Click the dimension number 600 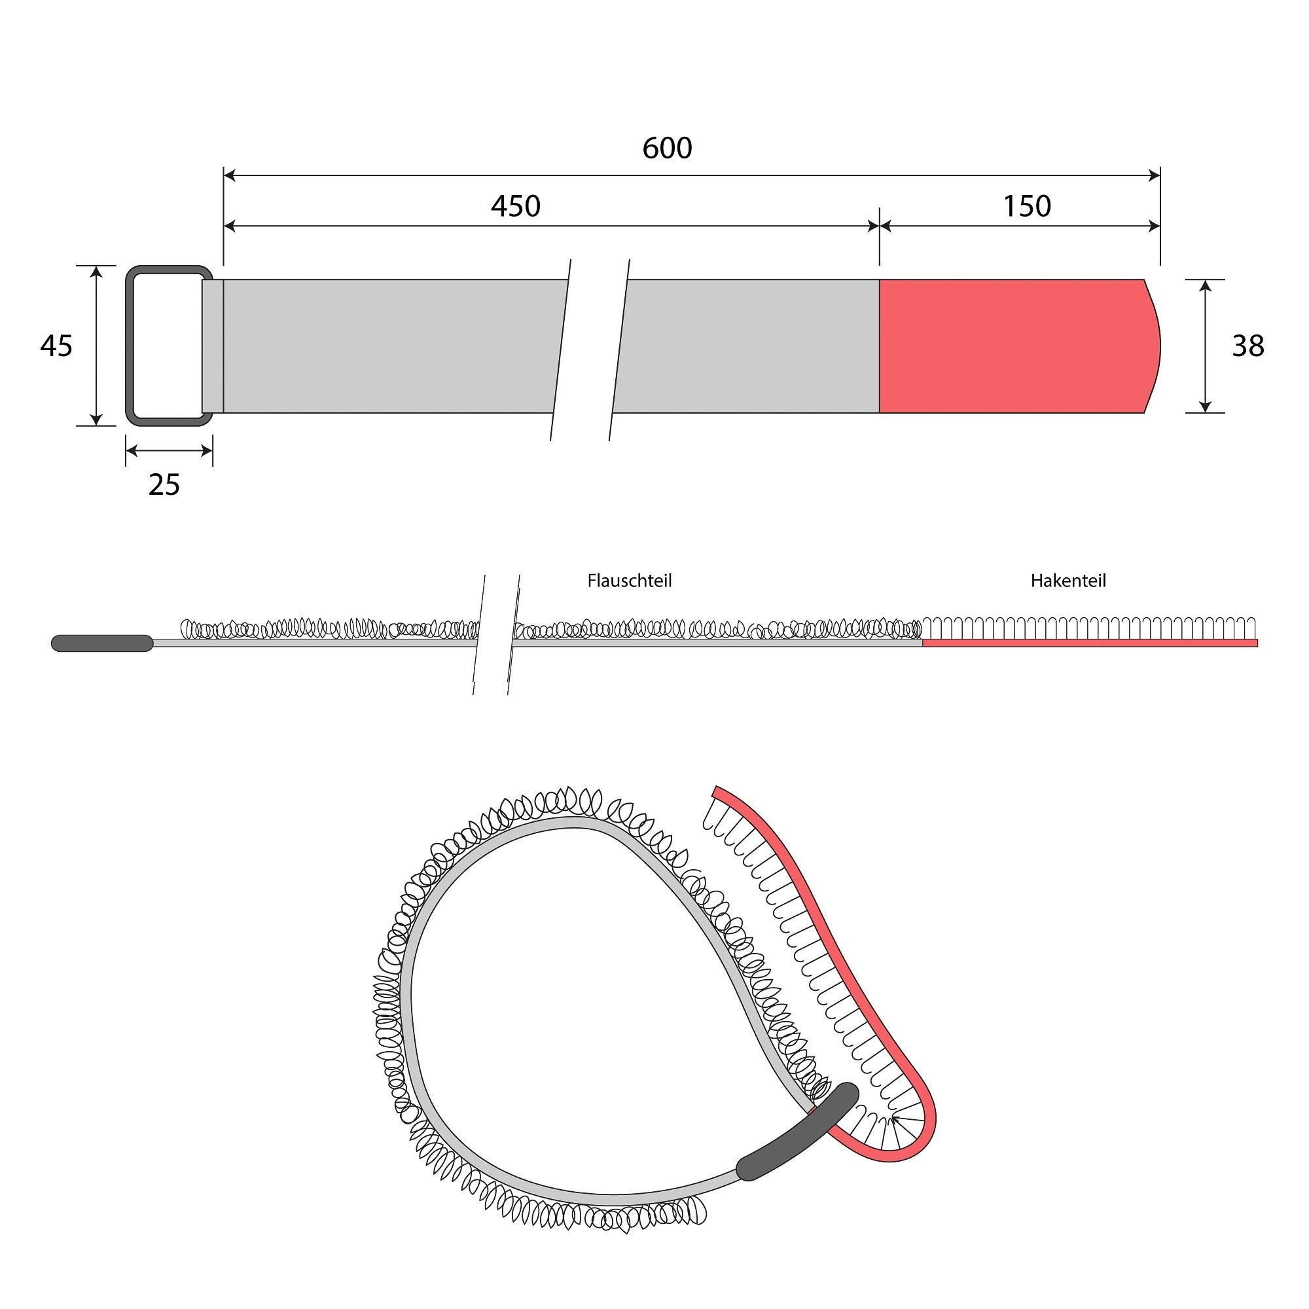click(668, 149)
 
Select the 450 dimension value click(516, 206)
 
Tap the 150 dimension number click(1026, 206)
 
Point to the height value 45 click(56, 346)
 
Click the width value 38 click(1248, 346)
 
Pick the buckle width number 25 click(164, 485)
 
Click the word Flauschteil click(630, 581)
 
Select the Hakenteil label click(1069, 581)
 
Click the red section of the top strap click(1016, 346)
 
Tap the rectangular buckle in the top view click(130, 346)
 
